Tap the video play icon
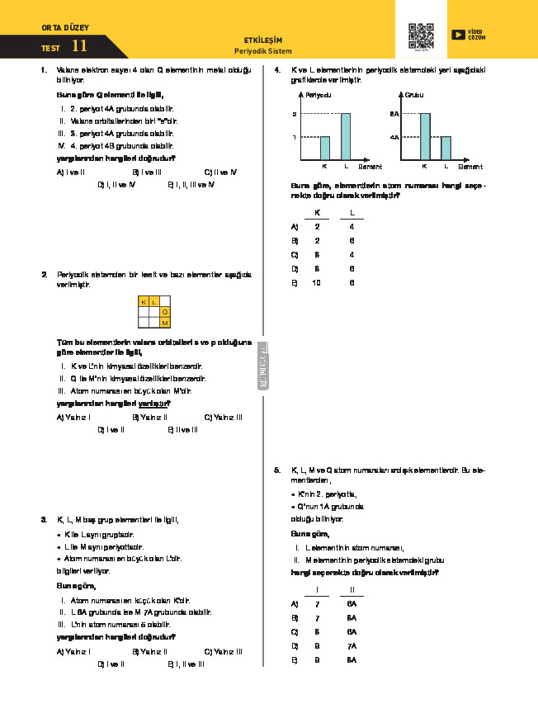point(458,35)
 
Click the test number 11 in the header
point(79,47)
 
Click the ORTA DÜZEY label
point(63,29)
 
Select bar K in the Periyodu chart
point(324,149)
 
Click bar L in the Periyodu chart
point(346,137)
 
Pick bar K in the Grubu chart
point(425,137)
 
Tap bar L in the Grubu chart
point(446,149)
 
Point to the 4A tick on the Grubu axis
point(394,137)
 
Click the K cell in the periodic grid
point(144,302)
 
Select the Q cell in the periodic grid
point(165,313)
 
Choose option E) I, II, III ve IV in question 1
point(191,185)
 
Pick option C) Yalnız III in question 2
point(223,418)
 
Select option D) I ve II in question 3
point(111,664)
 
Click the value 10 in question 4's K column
point(315,283)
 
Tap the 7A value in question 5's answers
point(352,646)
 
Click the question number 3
point(43,520)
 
